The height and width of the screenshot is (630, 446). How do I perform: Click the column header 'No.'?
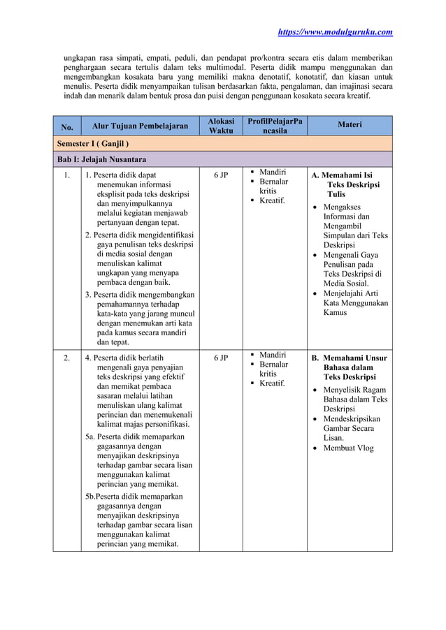click(x=66, y=127)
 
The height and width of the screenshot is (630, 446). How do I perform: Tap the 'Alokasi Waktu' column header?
click(x=221, y=126)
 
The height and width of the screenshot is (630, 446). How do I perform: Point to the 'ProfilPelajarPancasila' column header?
click(x=275, y=126)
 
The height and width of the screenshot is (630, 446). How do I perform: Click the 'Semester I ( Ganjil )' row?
click(x=93, y=144)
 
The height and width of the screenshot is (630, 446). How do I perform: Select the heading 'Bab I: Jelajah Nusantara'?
click(x=101, y=160)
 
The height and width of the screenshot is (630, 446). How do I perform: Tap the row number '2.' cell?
click(x=66, y=358)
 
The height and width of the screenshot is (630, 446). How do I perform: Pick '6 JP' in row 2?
click(x=221, y=358)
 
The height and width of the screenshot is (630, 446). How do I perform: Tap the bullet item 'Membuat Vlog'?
click(x=348, y=448)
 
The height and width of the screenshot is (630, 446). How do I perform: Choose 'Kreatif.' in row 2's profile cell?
click(x=272, y=383)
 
